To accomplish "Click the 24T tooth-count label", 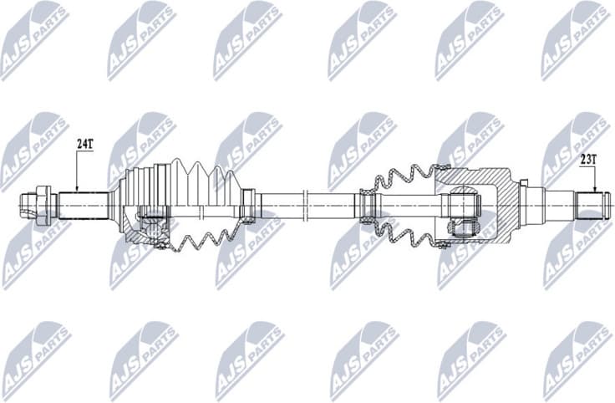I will pos(84,144).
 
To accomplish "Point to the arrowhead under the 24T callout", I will pos(77,188).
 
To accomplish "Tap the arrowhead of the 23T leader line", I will pos(595,189).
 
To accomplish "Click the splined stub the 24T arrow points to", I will pos(84,203).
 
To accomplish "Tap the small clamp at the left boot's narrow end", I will pos(247,206).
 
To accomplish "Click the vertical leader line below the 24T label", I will pos(77,167).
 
